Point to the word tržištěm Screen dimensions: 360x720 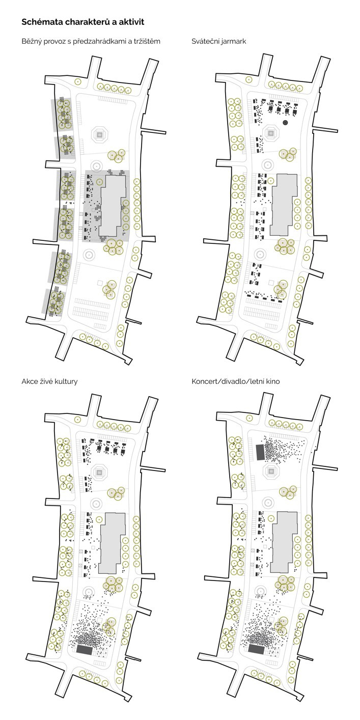147,41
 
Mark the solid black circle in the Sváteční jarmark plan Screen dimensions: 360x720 285,123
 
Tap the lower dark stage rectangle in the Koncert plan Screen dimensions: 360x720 256,648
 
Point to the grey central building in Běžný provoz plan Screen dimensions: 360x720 112,206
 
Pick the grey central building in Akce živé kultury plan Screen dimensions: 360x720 112,543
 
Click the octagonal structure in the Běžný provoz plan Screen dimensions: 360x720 100,134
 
